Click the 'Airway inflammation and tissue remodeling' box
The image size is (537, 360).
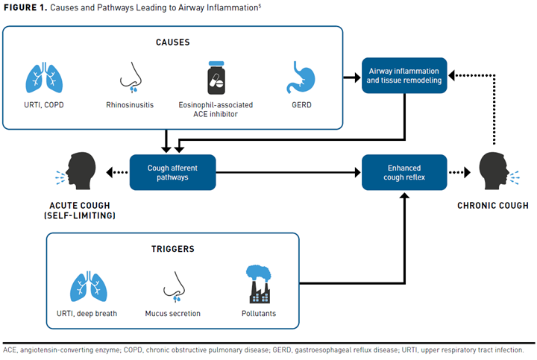point(403,75)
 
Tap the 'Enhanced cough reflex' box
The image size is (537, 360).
point(403,172)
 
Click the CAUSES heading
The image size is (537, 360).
point(172,42)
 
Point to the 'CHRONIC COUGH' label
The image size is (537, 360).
point(493,206)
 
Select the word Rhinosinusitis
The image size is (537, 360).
point(131,106)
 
